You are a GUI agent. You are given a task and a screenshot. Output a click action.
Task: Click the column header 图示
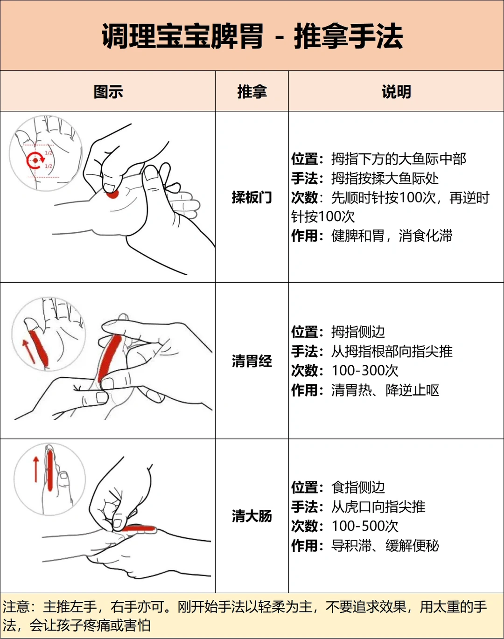108,91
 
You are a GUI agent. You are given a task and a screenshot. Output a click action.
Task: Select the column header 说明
396,91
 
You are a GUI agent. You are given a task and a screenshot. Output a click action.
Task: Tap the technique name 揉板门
252,197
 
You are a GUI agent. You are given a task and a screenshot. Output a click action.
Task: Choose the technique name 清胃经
252,361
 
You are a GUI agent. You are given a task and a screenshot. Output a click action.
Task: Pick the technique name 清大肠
252,516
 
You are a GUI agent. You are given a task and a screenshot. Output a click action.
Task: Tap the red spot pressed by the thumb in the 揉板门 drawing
112,194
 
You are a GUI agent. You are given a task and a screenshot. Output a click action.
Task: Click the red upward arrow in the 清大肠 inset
36,469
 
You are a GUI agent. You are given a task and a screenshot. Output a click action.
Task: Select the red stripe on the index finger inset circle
49,471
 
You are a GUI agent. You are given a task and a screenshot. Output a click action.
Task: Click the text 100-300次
365,370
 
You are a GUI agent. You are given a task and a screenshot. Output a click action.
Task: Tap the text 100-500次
365,526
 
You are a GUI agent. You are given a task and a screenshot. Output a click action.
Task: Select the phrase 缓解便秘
412,545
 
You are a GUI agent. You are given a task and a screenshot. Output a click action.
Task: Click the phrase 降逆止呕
412,390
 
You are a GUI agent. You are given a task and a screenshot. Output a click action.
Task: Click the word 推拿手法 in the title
348,36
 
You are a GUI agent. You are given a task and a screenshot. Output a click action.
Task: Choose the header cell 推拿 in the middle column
252,91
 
